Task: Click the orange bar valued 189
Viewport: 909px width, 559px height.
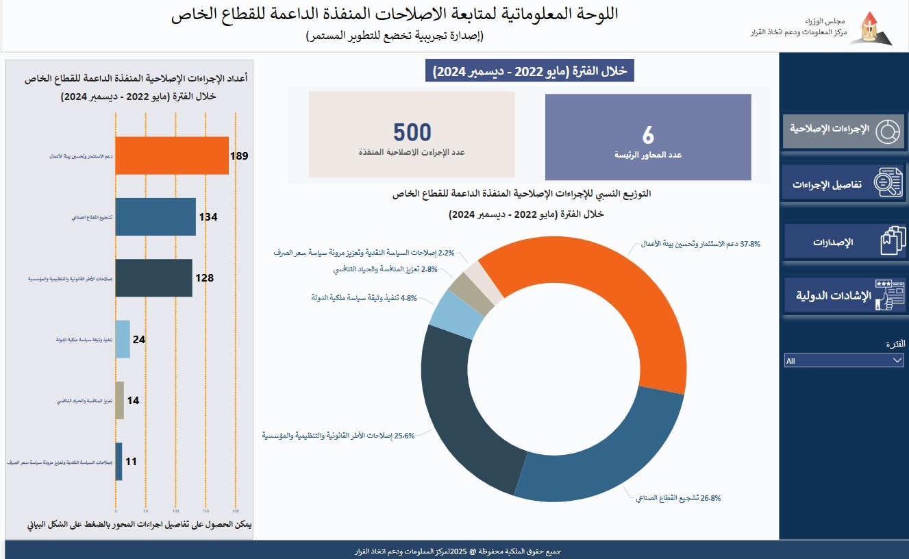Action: pyautogui.click(x=171, y=156)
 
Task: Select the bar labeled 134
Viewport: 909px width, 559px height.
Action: pyautogui.click(x=155, y=216)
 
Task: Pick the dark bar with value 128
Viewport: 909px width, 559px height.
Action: pyautogui.click(x=153, y=277)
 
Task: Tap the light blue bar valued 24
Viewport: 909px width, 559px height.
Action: pyautogui.click(x=123, y=338)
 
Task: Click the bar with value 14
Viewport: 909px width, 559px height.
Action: pyautogui.click(x=120, y=400)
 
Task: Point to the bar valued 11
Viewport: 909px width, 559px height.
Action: pyautogui.click(x=119, y=461)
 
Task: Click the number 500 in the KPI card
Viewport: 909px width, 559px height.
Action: pyautogui.click(x=412, y=132)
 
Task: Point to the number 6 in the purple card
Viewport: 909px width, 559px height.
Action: pyautogui.click(x=648, y=134)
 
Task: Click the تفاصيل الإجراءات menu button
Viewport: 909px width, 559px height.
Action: pyautogui.click(x=843, y=183)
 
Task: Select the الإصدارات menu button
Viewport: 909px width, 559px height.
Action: pyautogui.click(x=843, y=241)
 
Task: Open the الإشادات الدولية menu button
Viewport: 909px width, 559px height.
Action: pyautogui.click(x=843, y=296)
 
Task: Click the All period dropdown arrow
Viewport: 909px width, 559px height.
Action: pyautogui.click(x=897, y=360)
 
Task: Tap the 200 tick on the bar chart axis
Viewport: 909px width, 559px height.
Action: pyautogui.click(x=236, y=511)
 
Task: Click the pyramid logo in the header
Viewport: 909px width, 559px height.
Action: pyautogui.click(x=871, y=28)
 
